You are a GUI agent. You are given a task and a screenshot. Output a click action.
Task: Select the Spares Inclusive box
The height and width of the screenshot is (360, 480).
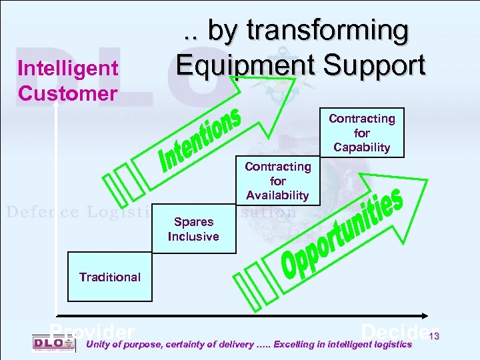pyautogui.click(x=193, y=229)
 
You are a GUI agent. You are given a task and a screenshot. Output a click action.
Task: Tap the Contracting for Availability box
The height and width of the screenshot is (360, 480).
pyautogui.click(x=277, y=181)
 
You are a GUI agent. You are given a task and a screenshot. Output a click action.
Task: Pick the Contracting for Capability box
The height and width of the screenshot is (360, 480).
pyautogui.click(x=361, y=133)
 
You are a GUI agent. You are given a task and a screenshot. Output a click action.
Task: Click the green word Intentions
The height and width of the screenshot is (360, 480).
pyautogui.click(x=200, y=139)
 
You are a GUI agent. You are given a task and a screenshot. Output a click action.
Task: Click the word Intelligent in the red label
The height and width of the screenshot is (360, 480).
pyautogui.click(x=68, y=68)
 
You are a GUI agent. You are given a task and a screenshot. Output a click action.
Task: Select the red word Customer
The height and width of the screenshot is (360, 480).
pyautogui.click(x=67, y=93)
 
